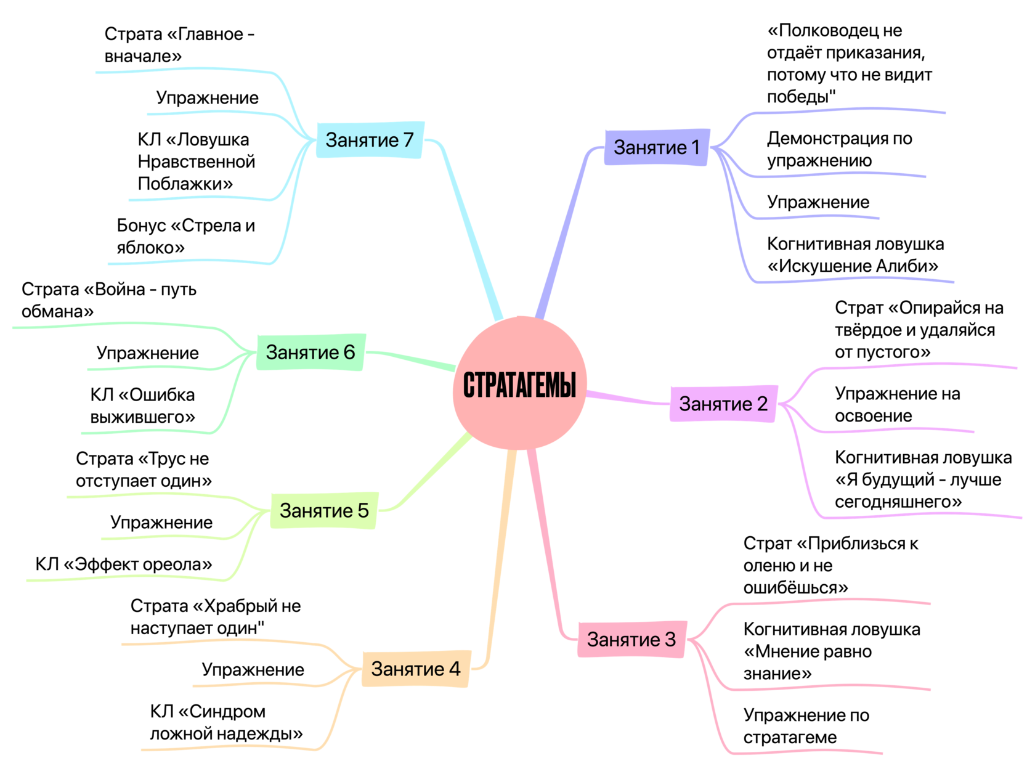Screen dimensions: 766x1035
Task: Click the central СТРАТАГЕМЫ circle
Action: [x=519, y=383]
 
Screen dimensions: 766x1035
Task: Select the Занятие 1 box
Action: [x=657, y=147]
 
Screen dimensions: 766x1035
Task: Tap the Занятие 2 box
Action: [x=723, y=404]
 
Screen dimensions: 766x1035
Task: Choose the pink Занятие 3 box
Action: [x=631, y=639]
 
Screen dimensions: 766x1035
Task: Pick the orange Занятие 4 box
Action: [x=416, y=669]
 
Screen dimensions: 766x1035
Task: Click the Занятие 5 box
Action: [x=324, y=510]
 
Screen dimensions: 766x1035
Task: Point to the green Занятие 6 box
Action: [x=310, y=352]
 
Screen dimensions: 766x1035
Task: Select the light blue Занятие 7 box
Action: [x=370, y=140]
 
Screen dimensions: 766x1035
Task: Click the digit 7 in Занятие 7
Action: [x=408, y=140]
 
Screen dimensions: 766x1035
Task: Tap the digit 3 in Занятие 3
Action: [x=670, y=639]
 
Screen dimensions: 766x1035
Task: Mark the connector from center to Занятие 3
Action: [x=545, y=542]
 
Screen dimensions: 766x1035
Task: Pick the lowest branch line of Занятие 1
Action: [x=850, y=280]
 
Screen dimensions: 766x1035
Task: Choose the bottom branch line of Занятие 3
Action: [x=801, y=752]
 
